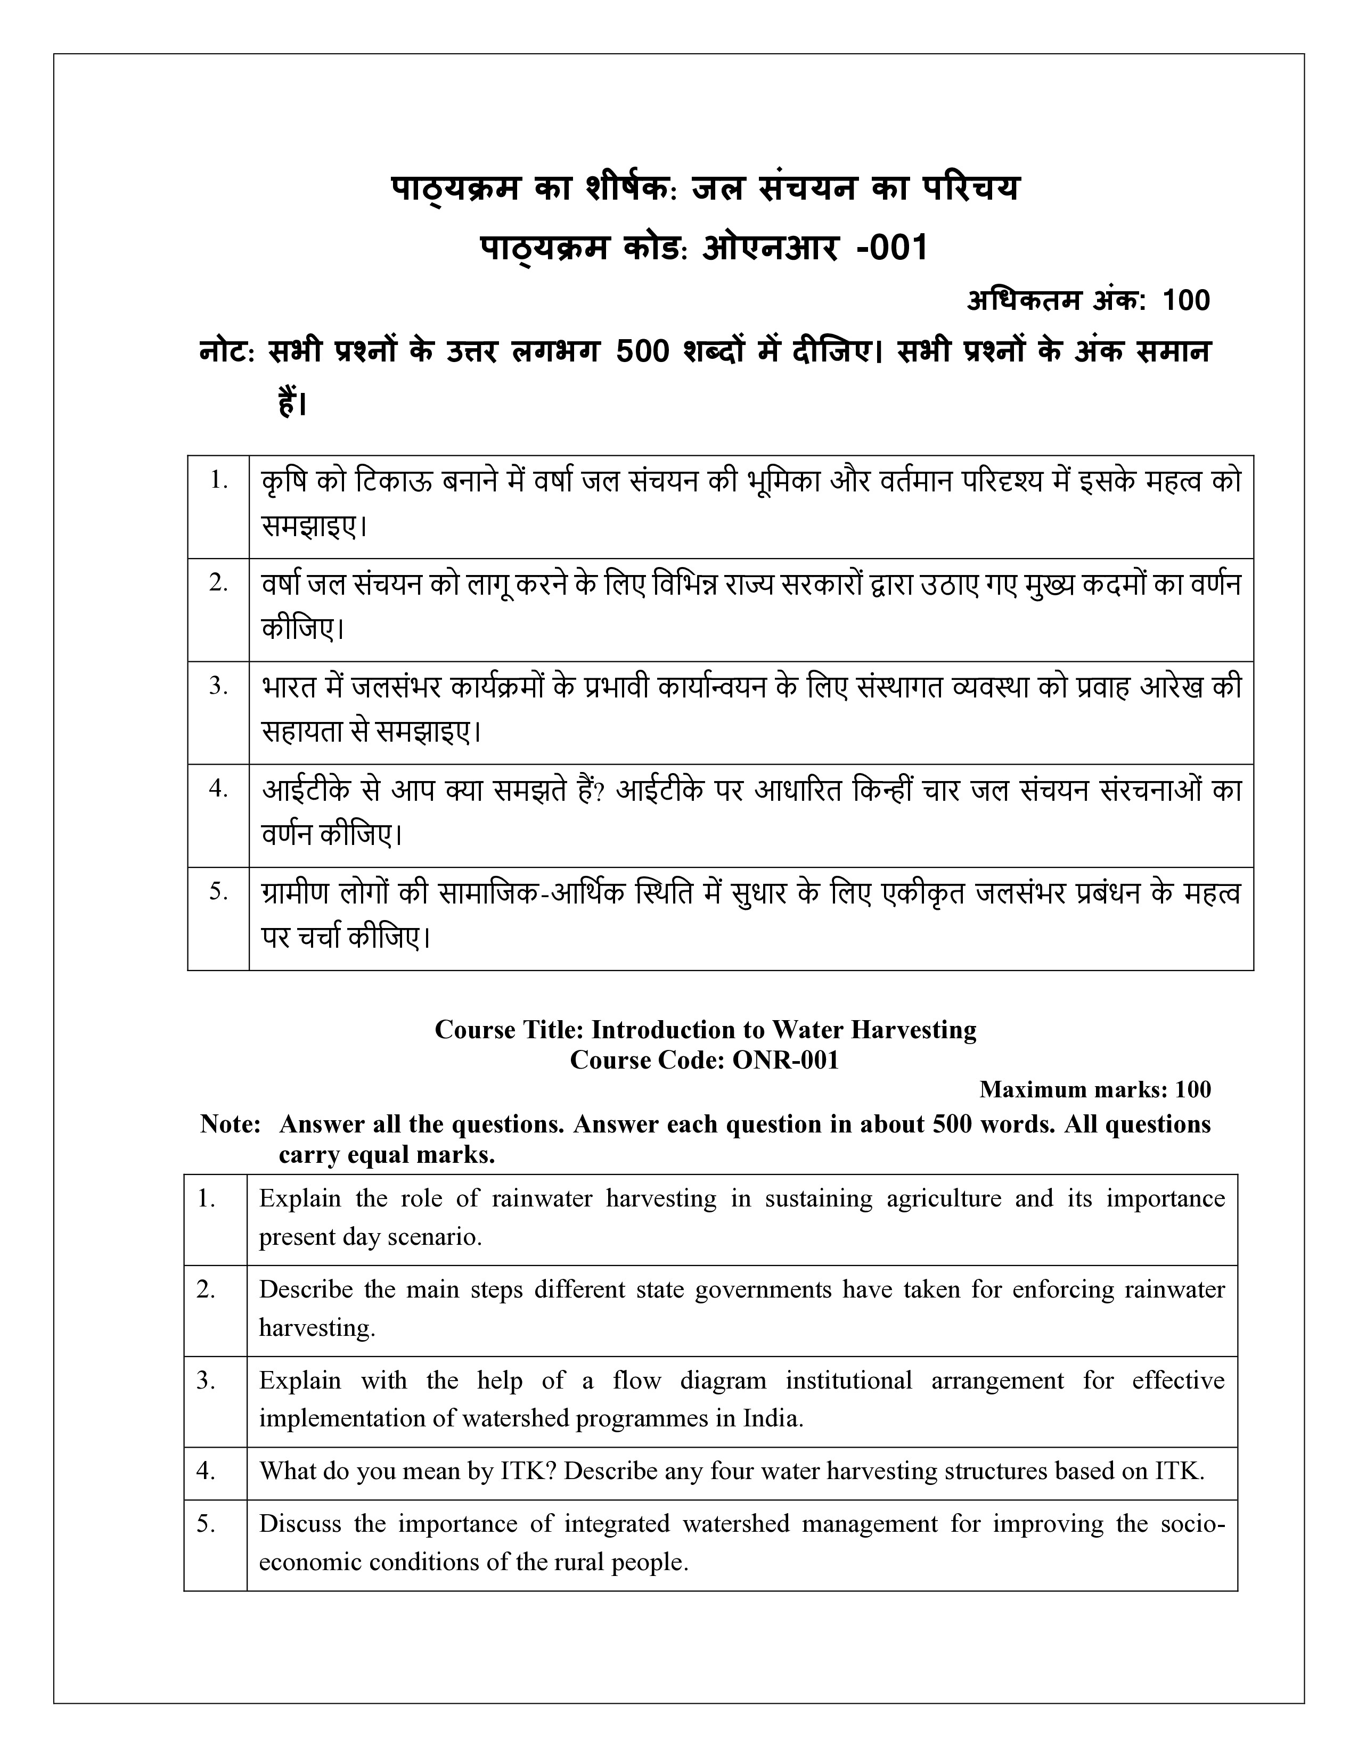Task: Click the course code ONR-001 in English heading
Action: [x=785, y=1060]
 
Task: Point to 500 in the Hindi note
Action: [x=642, y=351]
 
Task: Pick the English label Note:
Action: [x=230, y=1124]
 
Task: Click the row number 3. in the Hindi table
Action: [x=219, y=686]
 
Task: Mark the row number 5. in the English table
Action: [x=206, y=1524]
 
